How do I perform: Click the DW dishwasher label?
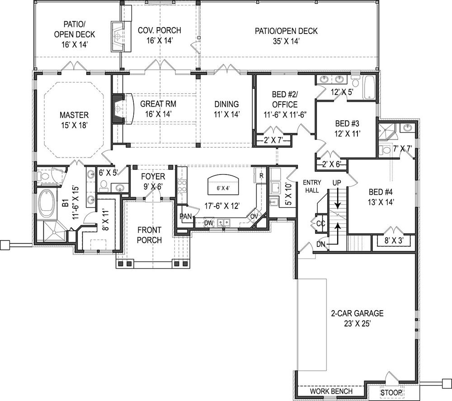[x=208, y=223]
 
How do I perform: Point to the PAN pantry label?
[x=185, y=217]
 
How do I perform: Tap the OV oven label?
[x=254, y=217]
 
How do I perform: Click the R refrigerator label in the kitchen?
[x=261, y=175]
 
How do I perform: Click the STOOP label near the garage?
[x=389, y=392]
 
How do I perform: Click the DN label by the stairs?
[x=321, y=244]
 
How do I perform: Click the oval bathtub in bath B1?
[x=47, y=204]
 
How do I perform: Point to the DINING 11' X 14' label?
[x=226, y=109]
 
